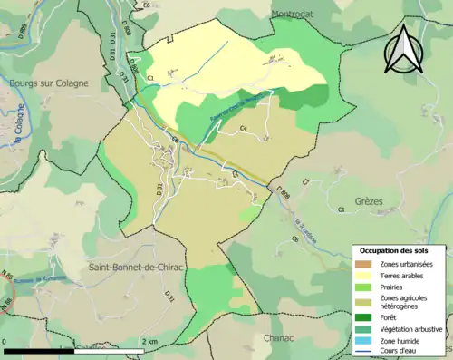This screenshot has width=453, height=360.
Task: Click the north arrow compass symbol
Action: click(x=404, y=49)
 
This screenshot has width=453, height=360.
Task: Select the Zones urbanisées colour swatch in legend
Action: click(x=366, y=264)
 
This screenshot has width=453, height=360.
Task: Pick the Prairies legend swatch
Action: click(x=366, y=287)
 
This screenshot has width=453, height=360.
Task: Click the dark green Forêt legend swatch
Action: click(x=366, y=317)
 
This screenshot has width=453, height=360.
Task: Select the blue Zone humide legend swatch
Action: click(x=366, y=340)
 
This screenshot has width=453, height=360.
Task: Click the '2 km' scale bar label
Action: click(x=149, y=342)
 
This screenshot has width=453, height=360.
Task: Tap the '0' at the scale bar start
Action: click(x=6, y=342)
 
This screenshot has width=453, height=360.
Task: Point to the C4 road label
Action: click(x=244, y=129)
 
